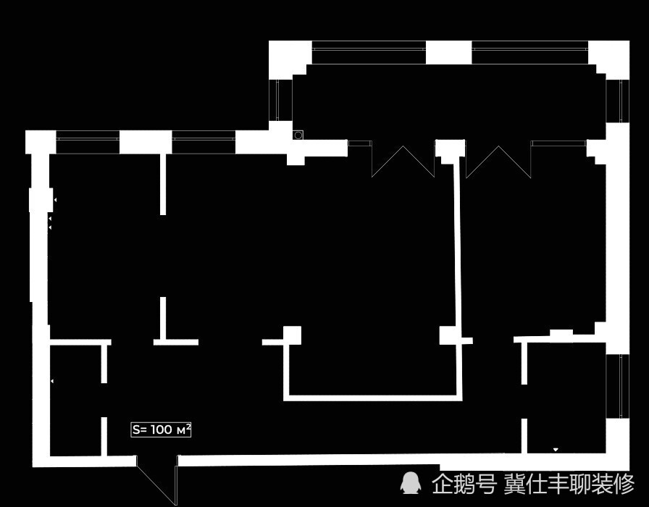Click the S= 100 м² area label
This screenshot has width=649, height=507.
pyautogui.click(x=161, y=430)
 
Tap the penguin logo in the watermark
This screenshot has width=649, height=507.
pyautogui.click(x=410, y=483)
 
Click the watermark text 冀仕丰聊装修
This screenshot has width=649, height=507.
pyautogui.click(x=569, y=484)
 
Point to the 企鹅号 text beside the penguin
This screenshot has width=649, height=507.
pyautogui.click(x=464, y=484)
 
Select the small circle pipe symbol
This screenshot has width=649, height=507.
pyautogui.click(x=298, y=135)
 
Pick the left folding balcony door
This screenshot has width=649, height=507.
pyautogui.click(x=403, y=162)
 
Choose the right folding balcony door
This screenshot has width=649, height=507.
pyautogui.click(x=498, y=162)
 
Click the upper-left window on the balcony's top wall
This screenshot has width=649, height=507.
pyautogui.click(x=369, y=52)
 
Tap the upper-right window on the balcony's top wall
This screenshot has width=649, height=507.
pyautogui.click(x=529, y=52)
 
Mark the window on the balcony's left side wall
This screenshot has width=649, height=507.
pyautogui.click(x=280, y=100)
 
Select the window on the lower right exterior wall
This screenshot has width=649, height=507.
pyautogui.click(x=618, y=386)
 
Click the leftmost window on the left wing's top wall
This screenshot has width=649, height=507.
pyautogui.click(x=88, y=142)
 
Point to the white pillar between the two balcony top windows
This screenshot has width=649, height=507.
pyautogui.click(x=448, y=52)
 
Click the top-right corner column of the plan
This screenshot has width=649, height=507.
pyautogui.click(x=609, y=59)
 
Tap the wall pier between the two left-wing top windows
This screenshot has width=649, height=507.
pyautogui.click(x=146, y=142)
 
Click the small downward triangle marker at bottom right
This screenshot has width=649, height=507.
pyautogui.click(x=556, y=450)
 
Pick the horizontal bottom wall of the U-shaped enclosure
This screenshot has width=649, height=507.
pyautogui.click(x=372, y=398)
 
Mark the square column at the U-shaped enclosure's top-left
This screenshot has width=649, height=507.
pyautogui.click(x=292, y=335)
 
